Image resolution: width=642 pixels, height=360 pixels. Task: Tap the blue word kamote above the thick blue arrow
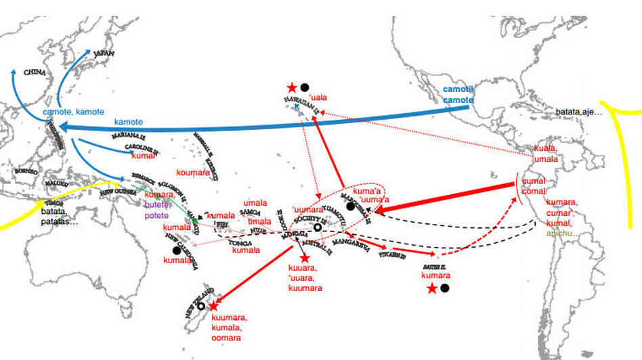point(128,121)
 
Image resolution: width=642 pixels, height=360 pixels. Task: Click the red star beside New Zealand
point(214,307)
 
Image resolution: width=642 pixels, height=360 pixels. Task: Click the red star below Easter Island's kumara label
point(432,289)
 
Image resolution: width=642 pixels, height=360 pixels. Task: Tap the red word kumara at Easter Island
point(434,277)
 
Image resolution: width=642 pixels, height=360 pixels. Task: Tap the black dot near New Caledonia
point(176,250)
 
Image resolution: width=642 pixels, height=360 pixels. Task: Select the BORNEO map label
point(26,171)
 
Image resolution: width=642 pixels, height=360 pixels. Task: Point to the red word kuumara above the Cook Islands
point(303,288)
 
